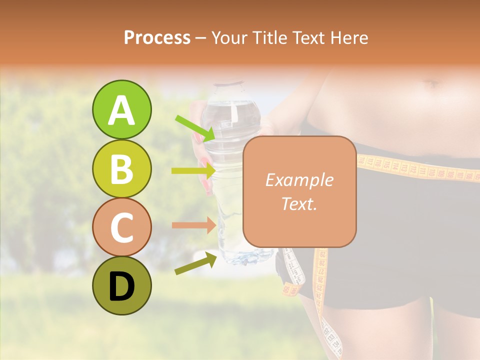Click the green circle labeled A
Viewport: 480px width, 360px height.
(x=121, y=110)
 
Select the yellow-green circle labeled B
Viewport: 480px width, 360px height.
(x=121, y=169)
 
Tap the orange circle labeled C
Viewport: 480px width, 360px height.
(x=121, y=227)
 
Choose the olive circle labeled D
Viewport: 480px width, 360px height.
(x=121, y=286)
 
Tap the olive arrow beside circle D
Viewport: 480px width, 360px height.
(x=195, y=264)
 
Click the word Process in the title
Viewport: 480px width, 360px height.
(x=157, y=37)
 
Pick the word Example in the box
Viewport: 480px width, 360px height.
(x=299, y=180)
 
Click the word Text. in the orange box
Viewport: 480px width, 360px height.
(x=299, y=204)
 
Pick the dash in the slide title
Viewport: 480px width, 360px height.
(x=201, y=38)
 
